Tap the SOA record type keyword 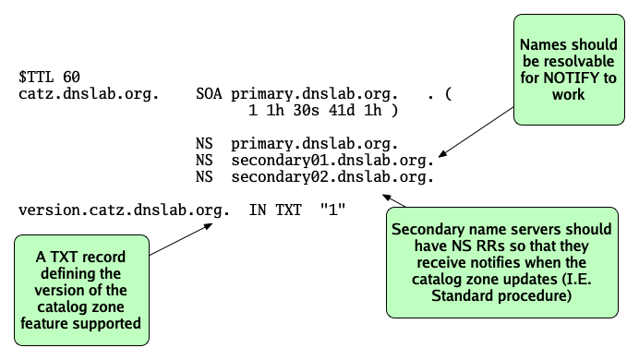[210, 94]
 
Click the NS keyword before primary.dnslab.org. [204, 144]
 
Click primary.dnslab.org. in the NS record [314, 144]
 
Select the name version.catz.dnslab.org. [124, 210]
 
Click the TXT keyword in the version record [289, 210]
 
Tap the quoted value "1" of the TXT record [332, 210]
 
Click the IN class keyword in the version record [258, 210]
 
